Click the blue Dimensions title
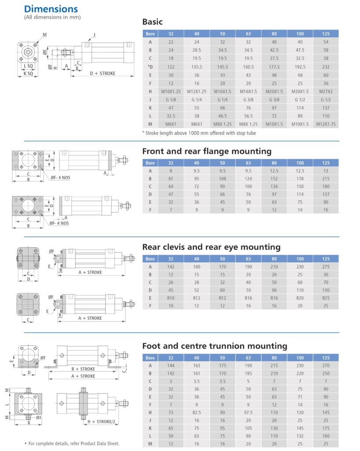point(51,9)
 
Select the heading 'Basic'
point(152,22)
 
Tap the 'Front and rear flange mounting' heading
point(207,151)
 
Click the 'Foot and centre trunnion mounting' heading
point(215,346)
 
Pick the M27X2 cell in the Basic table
point(326,91)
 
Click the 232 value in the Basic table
point(326,67)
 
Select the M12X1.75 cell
point(326,124)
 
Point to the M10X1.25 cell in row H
point(171,91)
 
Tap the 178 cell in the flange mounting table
point(300,179)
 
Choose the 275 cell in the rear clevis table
point(326,266)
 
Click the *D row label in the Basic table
point(150,67)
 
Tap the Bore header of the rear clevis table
point(150,259)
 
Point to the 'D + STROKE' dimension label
point(103,73)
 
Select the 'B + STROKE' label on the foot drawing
point(83,369)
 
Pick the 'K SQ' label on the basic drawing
point(28,74)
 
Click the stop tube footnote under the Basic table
point(199,133)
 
